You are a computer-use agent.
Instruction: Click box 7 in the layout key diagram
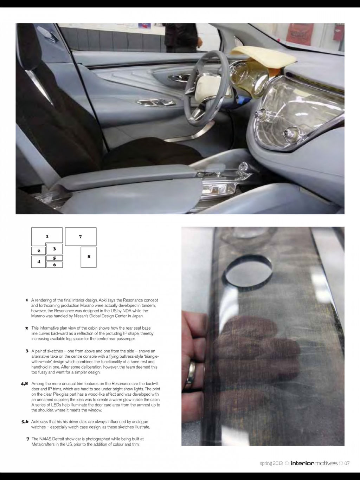(81, 236)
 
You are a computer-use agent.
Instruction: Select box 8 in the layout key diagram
(89, 257)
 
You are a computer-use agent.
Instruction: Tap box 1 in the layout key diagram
(47, 236)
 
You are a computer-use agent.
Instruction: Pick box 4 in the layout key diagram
(38, 262)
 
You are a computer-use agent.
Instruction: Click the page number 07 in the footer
(347, 463)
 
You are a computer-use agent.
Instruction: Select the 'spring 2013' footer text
(271, 463)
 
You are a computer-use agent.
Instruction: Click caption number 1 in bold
(27, 300)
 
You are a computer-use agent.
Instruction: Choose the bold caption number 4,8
(24, 384)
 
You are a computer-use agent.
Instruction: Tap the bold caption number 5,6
(25, 422)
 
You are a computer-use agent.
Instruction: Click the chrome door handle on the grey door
(150, 103)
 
